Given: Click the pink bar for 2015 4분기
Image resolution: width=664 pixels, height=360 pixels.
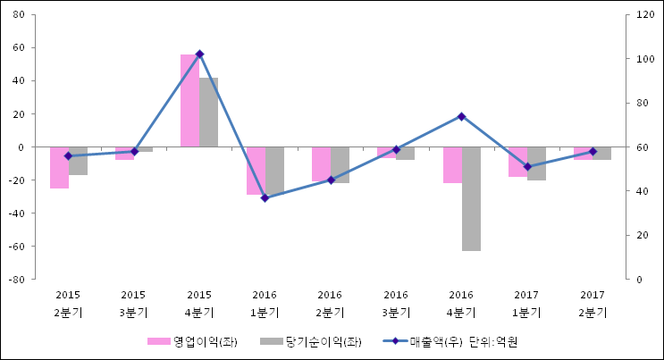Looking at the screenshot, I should pos(189,100).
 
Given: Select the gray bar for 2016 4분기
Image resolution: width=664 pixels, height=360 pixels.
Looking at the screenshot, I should pos(471,198).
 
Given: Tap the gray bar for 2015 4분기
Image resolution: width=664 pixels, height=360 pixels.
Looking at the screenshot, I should pos(208,112).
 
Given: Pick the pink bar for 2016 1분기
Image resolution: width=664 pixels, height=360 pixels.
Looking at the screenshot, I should pos(256,170).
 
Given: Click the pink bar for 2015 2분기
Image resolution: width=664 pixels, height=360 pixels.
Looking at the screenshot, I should pos(59,167).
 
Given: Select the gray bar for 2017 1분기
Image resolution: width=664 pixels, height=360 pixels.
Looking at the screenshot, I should pos(536,163).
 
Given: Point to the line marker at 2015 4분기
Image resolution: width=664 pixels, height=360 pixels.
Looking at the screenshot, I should pos(199,54).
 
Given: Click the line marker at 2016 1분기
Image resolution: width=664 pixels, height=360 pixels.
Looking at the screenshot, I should pos(265,197).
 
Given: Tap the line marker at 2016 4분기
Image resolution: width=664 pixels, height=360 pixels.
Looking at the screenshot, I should pos(461,116).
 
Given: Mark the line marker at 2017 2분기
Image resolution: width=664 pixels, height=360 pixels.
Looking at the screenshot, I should pos(592,151).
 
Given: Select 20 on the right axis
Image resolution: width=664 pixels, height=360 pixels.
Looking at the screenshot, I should pos(643,235).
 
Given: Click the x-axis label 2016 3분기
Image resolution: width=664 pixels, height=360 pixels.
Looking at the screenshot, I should pos(396,304).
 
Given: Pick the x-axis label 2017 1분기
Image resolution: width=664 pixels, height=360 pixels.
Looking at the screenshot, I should pos(526,304).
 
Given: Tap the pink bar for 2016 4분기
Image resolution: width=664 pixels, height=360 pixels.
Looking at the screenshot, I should pos(452,164).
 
